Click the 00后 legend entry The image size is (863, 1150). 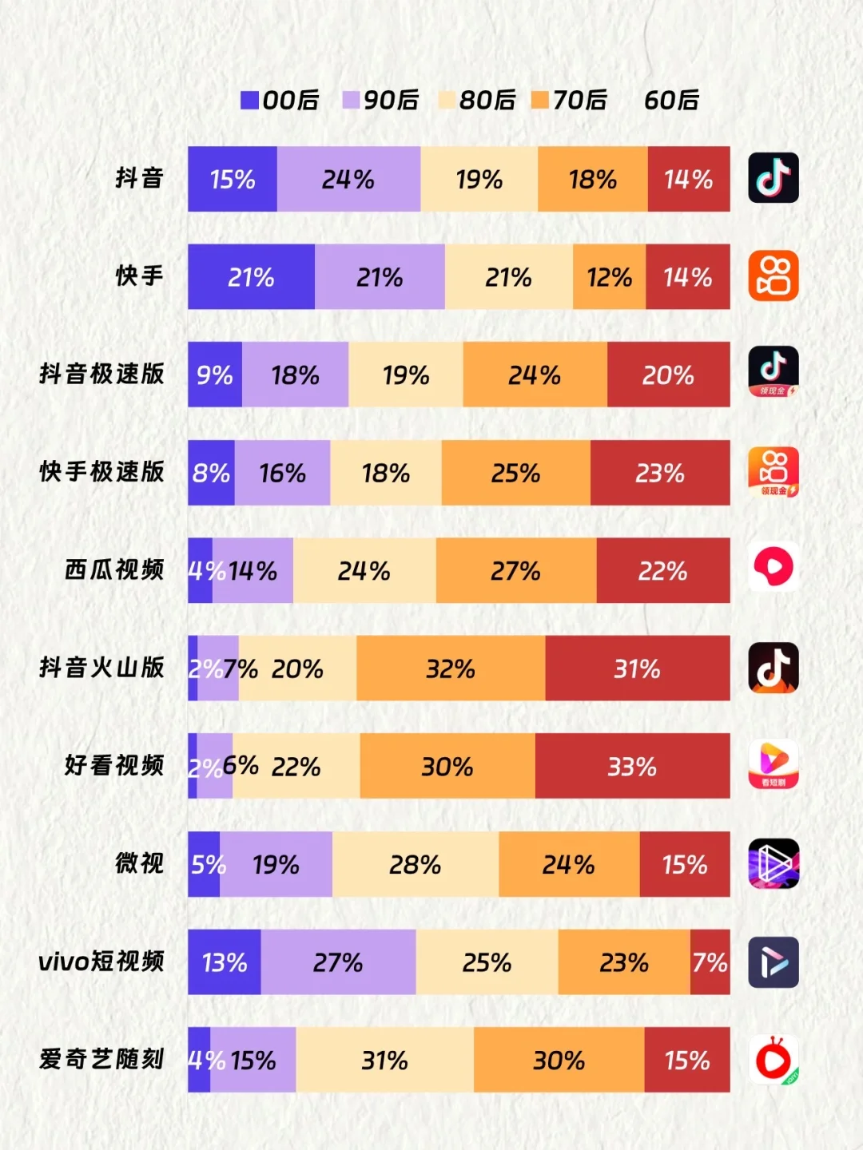(280, 100)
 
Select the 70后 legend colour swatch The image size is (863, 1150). (540, 100)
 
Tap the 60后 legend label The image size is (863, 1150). (671, 100)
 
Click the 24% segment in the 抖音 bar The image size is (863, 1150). (348, 179)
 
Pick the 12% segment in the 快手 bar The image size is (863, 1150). (609, 277)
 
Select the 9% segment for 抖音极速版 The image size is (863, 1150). (214, 375)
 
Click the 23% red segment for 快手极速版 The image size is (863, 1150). (660, 473)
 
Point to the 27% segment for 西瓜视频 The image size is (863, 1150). (515, 570)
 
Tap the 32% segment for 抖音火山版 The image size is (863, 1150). (451, 668)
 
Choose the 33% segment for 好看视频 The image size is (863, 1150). (632, 766)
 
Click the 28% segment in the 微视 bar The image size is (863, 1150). (415, 864)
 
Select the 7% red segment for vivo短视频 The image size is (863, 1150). (710, 962)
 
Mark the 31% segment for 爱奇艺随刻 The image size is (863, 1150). (384, 1060)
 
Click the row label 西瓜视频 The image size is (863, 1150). (114, 569)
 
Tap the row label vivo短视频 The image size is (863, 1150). (101, 961)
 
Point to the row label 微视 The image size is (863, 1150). (139, 862)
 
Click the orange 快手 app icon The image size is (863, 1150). (773, 276)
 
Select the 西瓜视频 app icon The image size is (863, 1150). (773, 567)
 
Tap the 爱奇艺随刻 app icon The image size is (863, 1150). (773, 1060)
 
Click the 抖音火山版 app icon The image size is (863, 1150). (773, 668)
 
